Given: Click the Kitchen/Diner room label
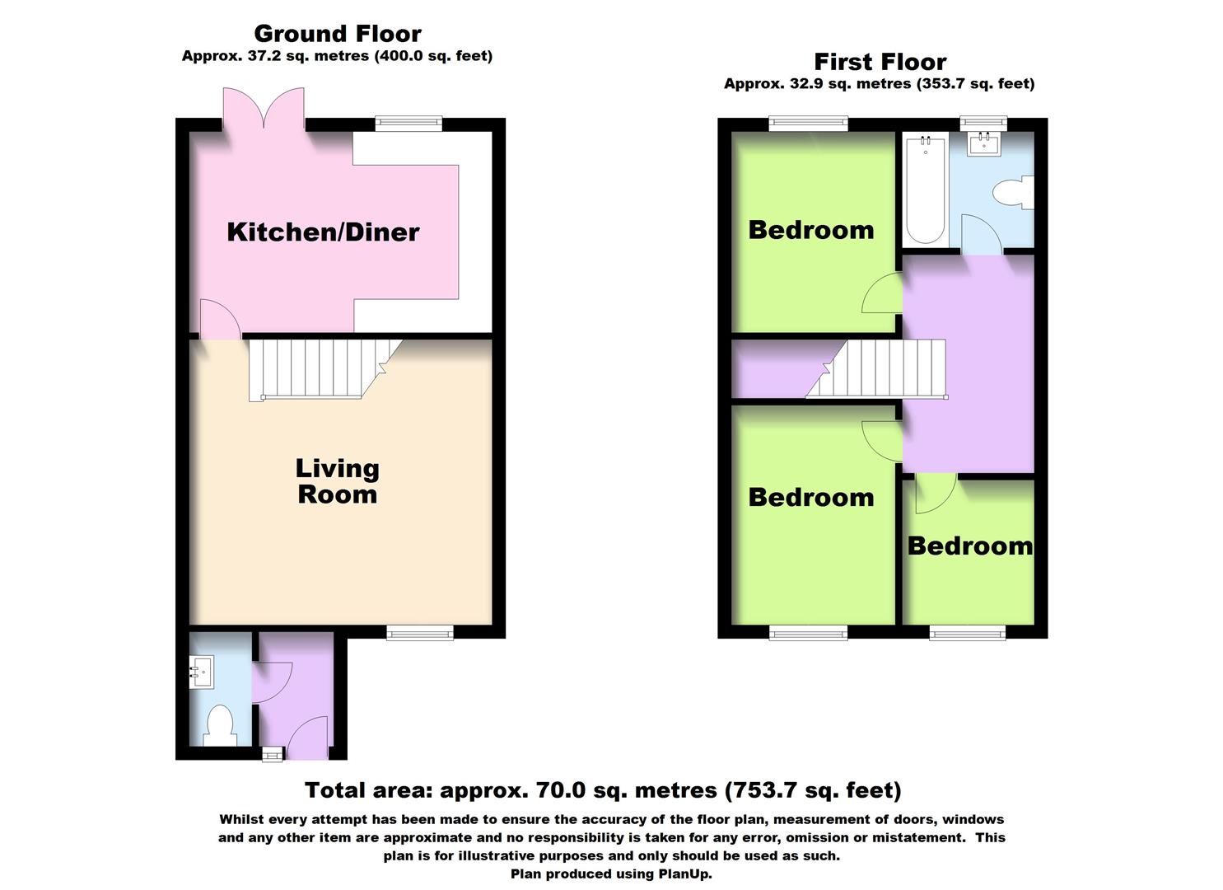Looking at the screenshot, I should [x=323, y=232].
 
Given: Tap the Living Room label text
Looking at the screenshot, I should [x=337, y=481].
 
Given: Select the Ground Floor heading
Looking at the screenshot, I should [x=337, y=34].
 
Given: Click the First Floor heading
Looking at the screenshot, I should [x=880, y=62].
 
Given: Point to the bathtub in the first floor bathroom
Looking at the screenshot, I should [x=925, y=191].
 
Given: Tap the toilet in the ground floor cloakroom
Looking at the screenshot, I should [x=218, y=725].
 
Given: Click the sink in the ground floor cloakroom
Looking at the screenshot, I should [x=201, y=671].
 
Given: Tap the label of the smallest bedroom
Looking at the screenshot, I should [x=969, y=546].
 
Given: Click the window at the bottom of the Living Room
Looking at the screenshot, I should [x=420, y=632].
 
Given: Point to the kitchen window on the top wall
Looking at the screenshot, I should [x=408, y=124].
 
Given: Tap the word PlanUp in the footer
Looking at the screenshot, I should [x=683, y=874].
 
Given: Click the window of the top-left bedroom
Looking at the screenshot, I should [x=809, y=124].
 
